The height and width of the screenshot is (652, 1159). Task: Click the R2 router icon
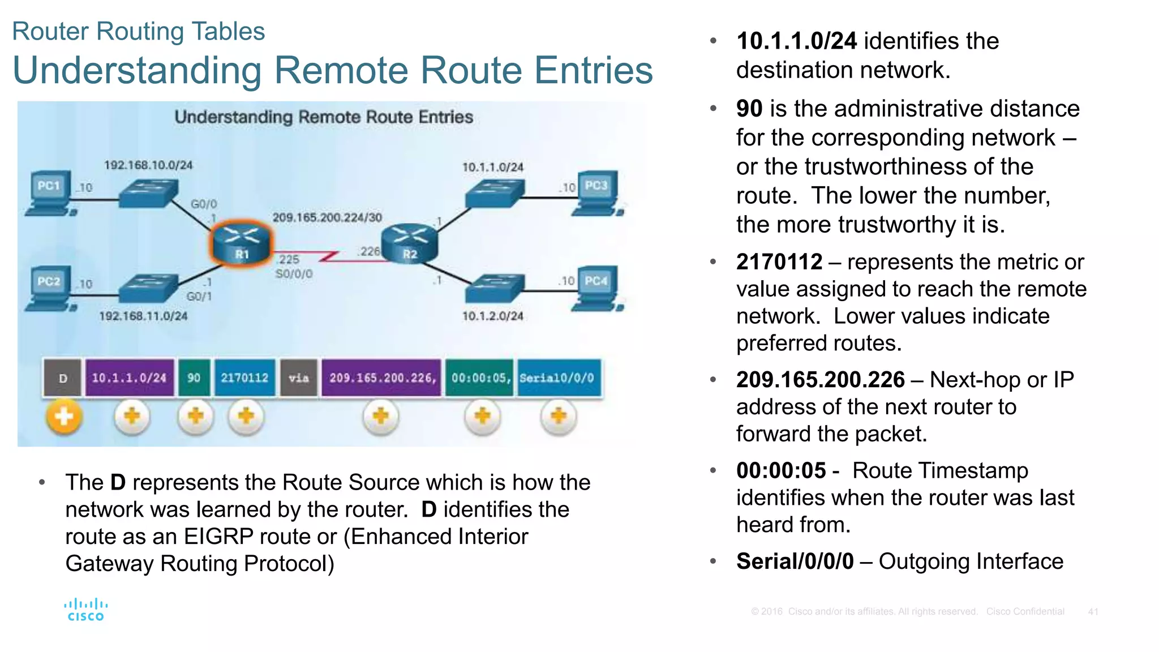[x=410, y=243]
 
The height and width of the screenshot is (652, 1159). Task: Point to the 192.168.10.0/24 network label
[x=148, y=165]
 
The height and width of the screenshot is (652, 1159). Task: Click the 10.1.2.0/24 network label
[x=492, y=316]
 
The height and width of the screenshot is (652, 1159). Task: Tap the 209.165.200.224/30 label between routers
[x=327, y=217]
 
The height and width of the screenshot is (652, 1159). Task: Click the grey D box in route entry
[x=63, y=378]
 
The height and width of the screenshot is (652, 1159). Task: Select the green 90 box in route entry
[x=194, y=378]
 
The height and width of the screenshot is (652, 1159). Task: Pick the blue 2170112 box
[x=244, y=378]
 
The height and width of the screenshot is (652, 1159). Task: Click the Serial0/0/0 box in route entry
[x=558, y=378]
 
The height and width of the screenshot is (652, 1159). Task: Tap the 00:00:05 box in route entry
[x=480, y=378]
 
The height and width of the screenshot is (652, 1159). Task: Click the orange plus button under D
[x=64, y=417]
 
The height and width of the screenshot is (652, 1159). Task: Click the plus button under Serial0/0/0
[x=559, y=417]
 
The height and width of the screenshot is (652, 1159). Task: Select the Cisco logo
[x=86, y=610]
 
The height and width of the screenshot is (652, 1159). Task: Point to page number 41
[x=1093, y=612]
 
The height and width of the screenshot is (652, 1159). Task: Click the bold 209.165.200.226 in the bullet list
[x=820, y=380]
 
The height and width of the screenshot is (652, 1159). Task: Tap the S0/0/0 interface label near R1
[x=294, y=274]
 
